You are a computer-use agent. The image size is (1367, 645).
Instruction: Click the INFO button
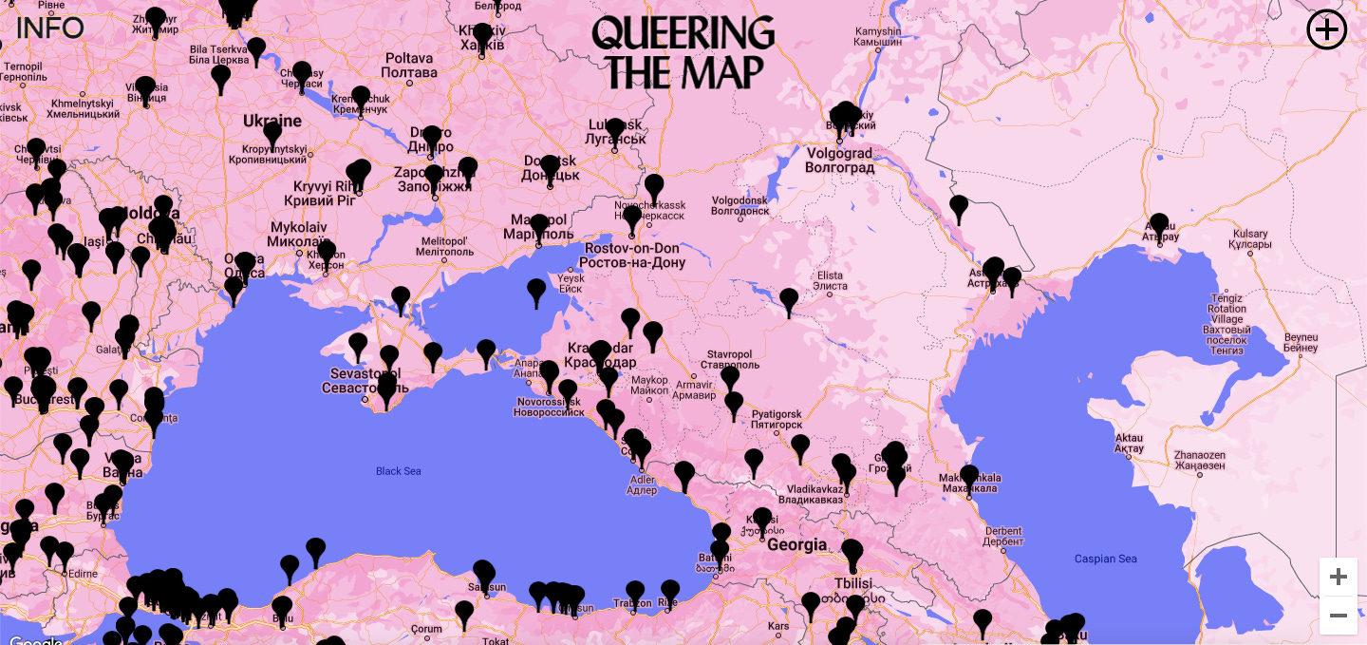click(49, 28)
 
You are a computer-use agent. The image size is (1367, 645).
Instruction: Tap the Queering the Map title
click(683, 53)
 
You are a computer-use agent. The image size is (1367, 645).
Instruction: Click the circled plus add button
click(1326, 29)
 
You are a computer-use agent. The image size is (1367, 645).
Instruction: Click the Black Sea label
click(398, 471)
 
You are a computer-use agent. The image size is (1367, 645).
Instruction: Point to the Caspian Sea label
click(1105, 559)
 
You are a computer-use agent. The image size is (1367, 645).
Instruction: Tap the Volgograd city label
click(839, 161)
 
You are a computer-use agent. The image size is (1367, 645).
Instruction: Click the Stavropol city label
click(733, 359)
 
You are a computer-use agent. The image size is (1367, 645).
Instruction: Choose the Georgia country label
click(796, 545)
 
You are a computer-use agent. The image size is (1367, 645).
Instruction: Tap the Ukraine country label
click(272, 122)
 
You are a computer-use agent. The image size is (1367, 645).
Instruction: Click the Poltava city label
click(409, 66)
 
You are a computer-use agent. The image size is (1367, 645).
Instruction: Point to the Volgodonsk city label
click(740, 205)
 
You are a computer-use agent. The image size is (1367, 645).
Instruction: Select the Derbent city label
click(1002, 537)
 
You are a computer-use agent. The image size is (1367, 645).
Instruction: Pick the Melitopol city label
click(445, 247)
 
